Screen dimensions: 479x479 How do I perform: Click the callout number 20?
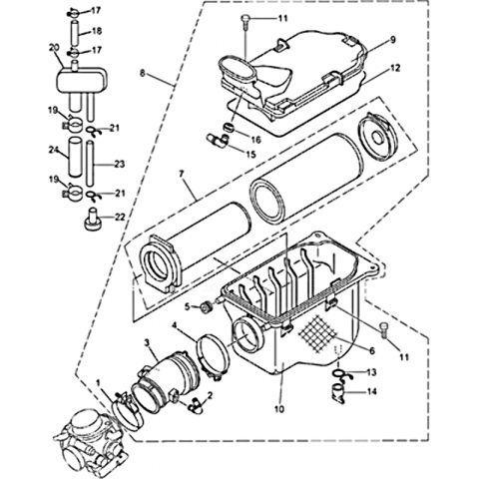pyautogui.click(x=54, y=48)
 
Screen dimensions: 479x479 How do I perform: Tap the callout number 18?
pyautogui.click(x=97, y=31)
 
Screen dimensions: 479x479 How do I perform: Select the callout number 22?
pyautogui.click(x=119, y=217)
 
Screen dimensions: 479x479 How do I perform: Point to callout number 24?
pyautogui.click(x=54, y=151)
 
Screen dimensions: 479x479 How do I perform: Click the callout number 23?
pyautogui.click(x=119, y=164)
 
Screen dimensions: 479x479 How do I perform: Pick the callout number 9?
pyautogui.click(x=393, y=40)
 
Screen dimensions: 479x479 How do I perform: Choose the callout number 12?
pyautogui.click(x=395, y=68)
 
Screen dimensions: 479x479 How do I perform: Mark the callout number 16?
pyautogui.click(x=255, y=140)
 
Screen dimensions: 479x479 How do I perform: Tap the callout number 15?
pyautogui.click(x=250, y=154)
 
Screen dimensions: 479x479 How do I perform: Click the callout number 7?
pyautogui.click(x=181, y=174)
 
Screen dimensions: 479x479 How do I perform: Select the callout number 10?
pyautogui.click(x=279, y=409)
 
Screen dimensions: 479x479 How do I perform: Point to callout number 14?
pyautogui.click(x=372, y=392)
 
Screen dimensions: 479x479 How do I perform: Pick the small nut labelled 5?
pyautogui.click(x=208, y=307)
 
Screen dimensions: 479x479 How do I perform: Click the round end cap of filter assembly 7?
pyautogui.click(x=378, y=134)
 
